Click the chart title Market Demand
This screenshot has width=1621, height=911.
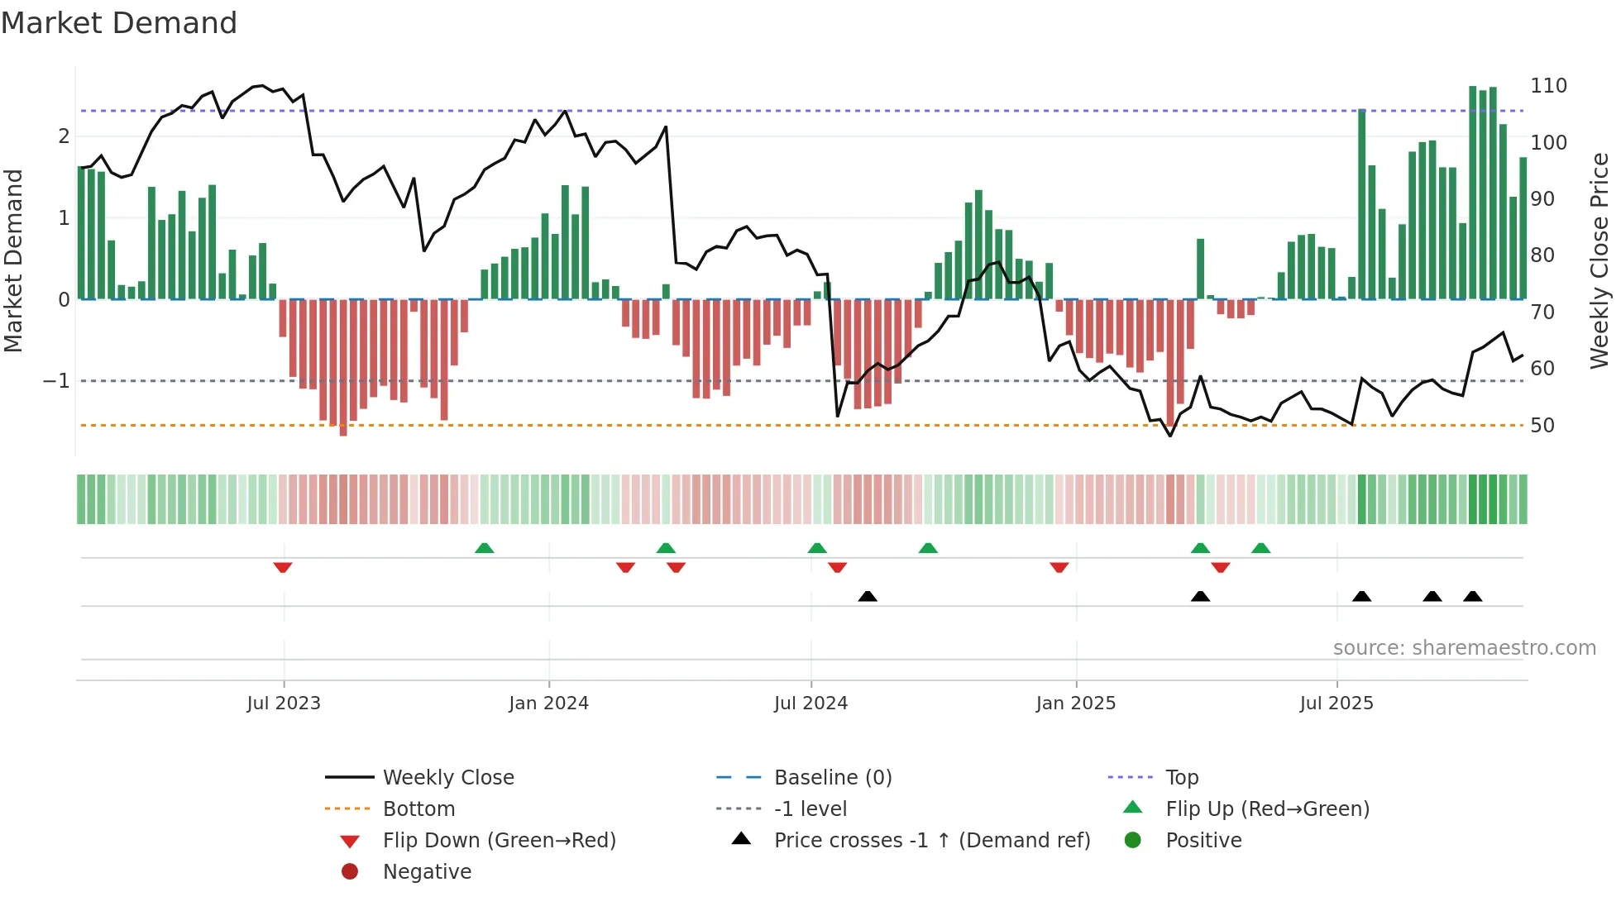pyautogui.click(x=119, y=23)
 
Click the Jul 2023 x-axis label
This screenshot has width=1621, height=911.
pyautogui.click(x=284, y=704)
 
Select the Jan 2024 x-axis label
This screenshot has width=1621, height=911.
pyautogui.click(x=548, y=704)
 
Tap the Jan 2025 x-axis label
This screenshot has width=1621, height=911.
pyautogui.click(x=1075, y=704)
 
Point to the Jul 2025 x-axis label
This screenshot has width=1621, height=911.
pyautogui.click(x=1336, y=704)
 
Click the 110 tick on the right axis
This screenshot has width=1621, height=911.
pyautogui.click(x=1548, y=86)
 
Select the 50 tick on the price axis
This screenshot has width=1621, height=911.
pyautogui.click(x=1542, y=426)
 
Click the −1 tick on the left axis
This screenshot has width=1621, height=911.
pyautogui.click(x=56, y=381)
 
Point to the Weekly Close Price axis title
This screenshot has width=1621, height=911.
pyautogui.click(x=1599, y=260)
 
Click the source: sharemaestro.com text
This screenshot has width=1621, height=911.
pyautogui.click(x=1464, y=648)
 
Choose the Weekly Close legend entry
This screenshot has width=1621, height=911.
pyautogui.click(x=447, y=778)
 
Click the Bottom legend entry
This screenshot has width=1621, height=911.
pyautogui.click(x=418, y=809)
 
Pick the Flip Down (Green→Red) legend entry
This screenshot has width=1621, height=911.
pyautogui.click(x=499, y=841)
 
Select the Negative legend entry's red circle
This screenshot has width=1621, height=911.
pyautogui.click(x=350, y=871)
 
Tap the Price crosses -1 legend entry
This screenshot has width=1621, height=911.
pyautogui.click(x=931, y=841)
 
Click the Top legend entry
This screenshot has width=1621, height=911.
pyautogui.click(x=1182, y=778)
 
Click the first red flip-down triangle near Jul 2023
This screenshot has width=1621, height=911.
pyautogui.click(x=283, y=567)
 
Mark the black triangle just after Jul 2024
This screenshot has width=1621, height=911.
pyautogui.click(x=868, y=596)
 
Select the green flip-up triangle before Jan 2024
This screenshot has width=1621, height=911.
pyautogui.click(x=485, y=548)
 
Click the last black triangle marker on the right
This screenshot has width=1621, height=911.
pyautogui.click(x=1473, y=596)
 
